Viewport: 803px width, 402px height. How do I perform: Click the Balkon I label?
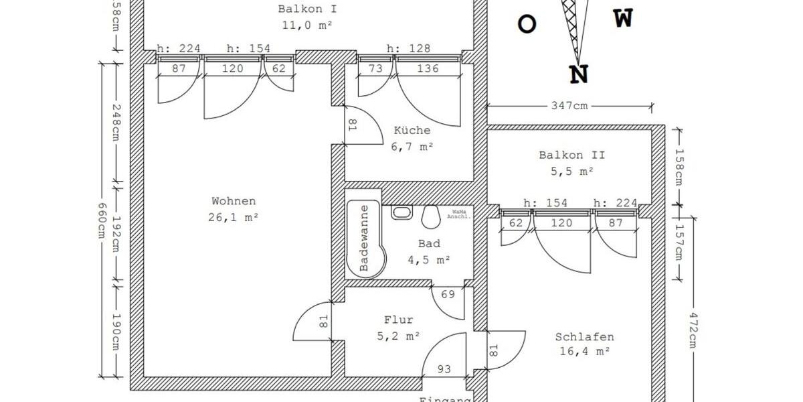307,9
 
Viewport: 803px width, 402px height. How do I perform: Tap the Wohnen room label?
234,201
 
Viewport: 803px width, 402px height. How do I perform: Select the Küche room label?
412,131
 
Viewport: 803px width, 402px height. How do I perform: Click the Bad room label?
429,244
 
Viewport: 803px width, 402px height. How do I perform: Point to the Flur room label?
399,320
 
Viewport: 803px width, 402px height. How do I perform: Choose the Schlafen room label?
584,337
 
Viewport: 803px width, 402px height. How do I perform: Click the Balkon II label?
571,155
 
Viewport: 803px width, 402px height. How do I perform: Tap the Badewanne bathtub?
363,239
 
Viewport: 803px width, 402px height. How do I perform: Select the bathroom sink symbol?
401,212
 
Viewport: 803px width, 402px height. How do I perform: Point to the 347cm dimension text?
569,106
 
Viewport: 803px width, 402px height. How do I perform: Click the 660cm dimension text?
102,220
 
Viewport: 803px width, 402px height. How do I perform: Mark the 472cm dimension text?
693,330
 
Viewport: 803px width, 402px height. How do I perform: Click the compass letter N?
579,74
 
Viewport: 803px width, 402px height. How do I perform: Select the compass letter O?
527,25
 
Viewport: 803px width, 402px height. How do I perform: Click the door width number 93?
444,368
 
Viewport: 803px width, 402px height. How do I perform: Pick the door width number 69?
448,295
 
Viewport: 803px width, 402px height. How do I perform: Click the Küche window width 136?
428,68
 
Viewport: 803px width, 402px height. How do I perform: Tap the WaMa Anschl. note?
461,214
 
